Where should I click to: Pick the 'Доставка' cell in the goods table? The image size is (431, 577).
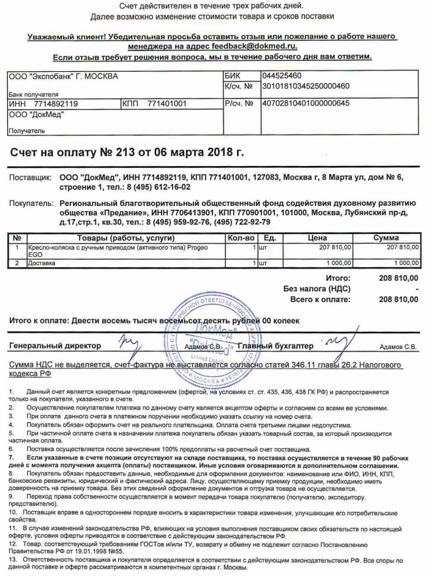pos(42,263)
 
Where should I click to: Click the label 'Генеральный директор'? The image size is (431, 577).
pos(55,345)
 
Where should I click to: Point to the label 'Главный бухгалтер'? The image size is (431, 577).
pos(276,345)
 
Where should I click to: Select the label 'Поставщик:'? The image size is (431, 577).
pos(30,176)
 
